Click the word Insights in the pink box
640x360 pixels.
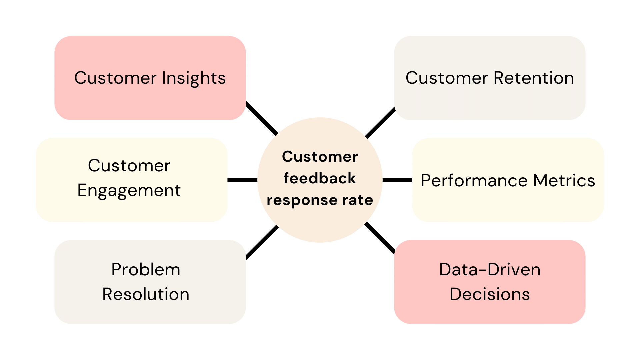pos(194,78)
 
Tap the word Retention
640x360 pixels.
pos(533,78)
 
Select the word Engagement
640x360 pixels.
pos(129,191)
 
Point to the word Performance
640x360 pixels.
pos(474,181)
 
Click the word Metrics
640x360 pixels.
pos(564,181)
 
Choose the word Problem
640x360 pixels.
pos(146,270)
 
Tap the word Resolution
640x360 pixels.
pos(146,294)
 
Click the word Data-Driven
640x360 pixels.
pos(489,270)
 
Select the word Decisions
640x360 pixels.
pos(489,294)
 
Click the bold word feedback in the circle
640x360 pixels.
pos(320,178)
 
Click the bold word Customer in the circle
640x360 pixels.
pos(320,157)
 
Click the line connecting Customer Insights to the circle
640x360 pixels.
pos(262,118)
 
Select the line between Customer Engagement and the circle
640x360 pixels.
pos(242,180)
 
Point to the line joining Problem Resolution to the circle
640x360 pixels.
pos(262,242)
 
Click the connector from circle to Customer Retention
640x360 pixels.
pos(380,122)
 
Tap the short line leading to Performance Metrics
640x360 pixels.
pos(397,180)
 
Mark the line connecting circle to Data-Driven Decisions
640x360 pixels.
pos(380,238)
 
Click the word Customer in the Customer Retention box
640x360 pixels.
pos(446,78)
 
